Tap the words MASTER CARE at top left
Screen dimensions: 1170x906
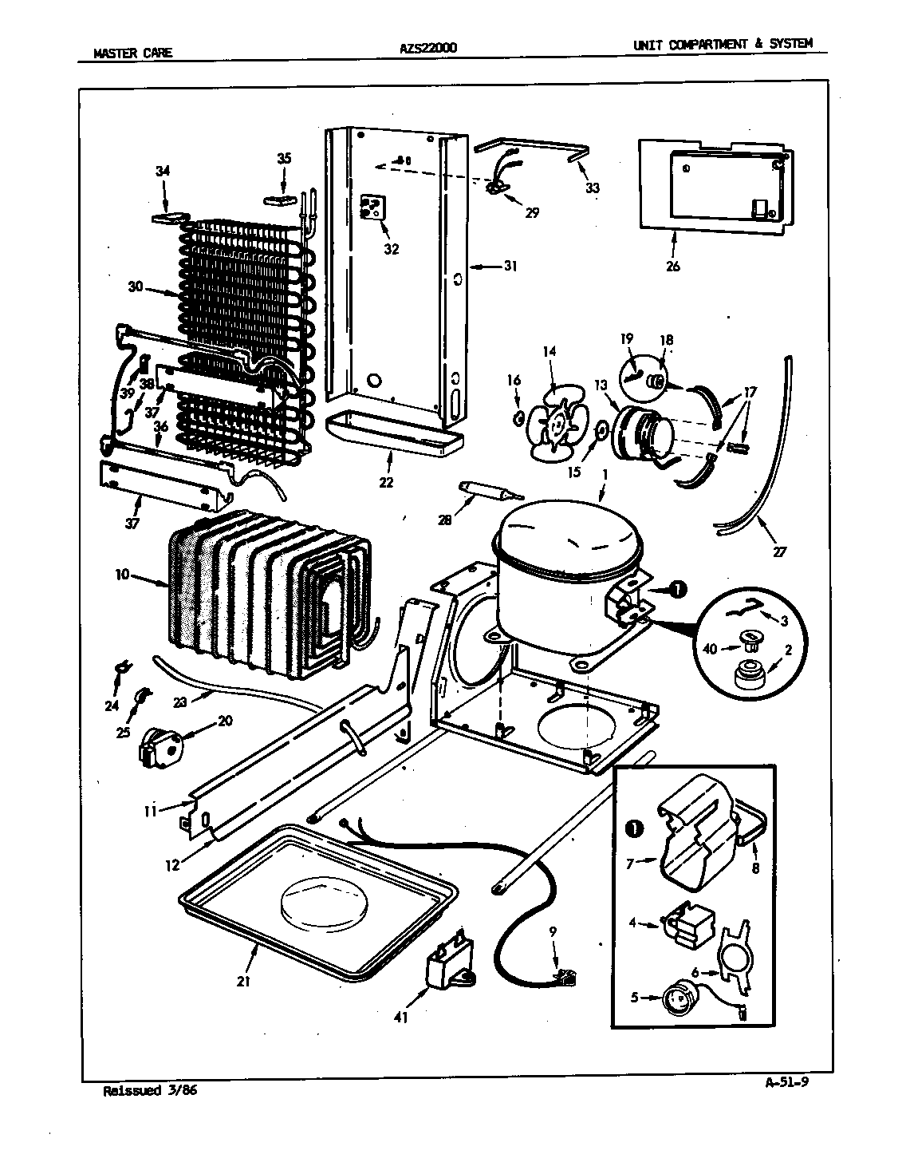tap(132, 53)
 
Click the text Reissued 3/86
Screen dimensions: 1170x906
tap(150, 1090)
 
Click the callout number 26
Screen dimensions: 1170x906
tap(672, 267)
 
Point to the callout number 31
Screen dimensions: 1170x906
tap(510, 266)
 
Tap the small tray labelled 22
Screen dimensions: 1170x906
tap(395, 436)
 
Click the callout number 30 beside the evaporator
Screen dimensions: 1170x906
tap(135, 286)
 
